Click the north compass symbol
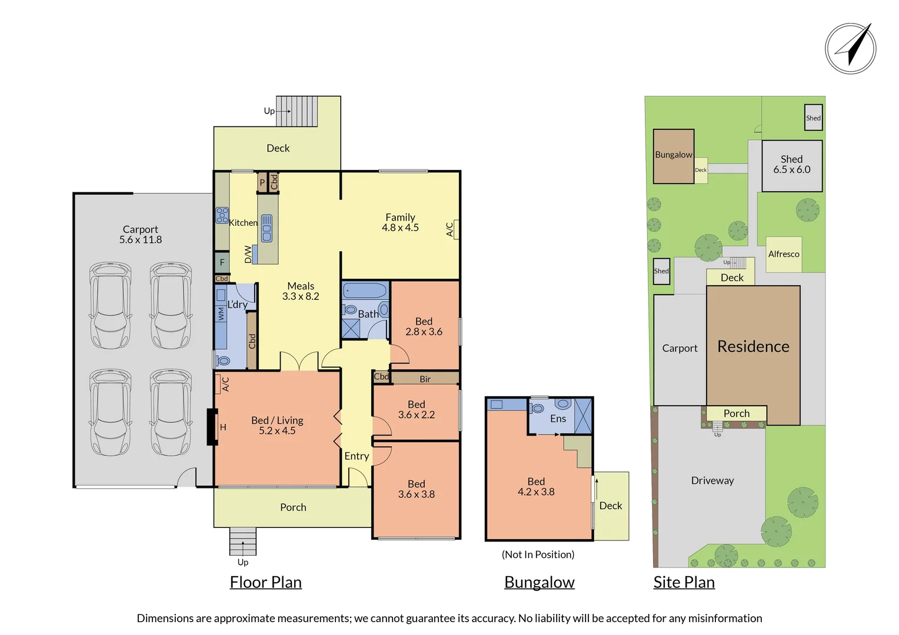tap(850, 48)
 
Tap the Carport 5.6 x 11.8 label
tap(141, 235)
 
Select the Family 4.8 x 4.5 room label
tap(400, 223)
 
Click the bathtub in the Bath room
tap(365, 290)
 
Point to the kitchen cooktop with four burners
tap(222, 215)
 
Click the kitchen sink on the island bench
tap(267, 229)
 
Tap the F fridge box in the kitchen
tap(222, 262)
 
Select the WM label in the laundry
tap(221, 315)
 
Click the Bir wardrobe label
tap(425, 379)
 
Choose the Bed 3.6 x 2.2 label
tap(416, 410)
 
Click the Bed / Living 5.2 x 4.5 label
tap(277, 426)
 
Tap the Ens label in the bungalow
tap(558, 419)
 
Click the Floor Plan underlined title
tap(265, 582)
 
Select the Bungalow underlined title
tap(539, 582)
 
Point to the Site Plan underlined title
tap(684, 582)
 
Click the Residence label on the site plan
tap(753, 346)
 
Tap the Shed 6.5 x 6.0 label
tap(791, 165)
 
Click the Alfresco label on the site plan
tap(784, 254)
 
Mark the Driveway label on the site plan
tap(712, 480)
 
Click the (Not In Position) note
tap(538, 554)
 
